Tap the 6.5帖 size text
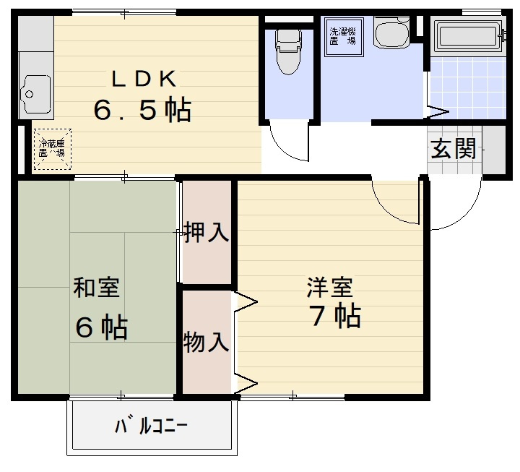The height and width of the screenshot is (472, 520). point(142,110)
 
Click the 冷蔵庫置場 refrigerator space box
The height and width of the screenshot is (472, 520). point(52,148)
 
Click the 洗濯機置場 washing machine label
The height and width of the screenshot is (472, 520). point(342,36)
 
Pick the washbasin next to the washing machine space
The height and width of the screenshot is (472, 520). point(391,32)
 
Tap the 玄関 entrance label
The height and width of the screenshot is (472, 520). point(454,149)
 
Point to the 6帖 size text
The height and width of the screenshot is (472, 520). point(102,327)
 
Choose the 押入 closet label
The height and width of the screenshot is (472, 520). point(207,233)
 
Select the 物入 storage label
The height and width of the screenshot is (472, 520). point(207,342)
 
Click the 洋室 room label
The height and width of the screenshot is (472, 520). point(330,287)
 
